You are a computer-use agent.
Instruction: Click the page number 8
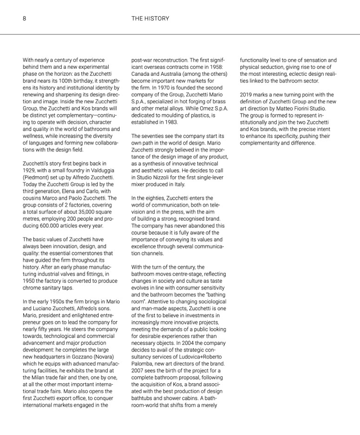click(x=24, y=19)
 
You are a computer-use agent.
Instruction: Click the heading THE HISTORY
click(x=150, y=19)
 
